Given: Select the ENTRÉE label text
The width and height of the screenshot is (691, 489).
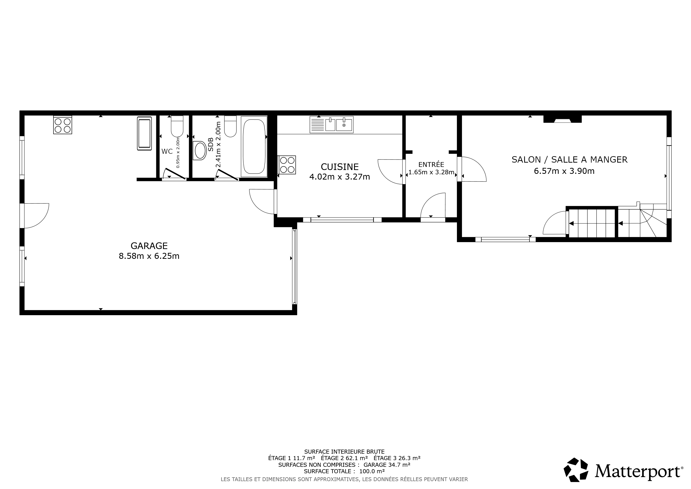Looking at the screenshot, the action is pyautogui.click(x=431, y=165).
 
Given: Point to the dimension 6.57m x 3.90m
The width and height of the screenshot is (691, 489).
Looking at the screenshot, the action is pyautogui.click(x=564, y=171).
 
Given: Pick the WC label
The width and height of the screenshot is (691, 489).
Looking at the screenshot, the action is pyautogui.click(x=167, y=151).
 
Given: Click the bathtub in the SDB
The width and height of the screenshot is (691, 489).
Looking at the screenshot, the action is pyautogui.click(x=254, y=147).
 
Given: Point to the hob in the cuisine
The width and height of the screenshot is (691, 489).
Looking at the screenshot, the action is pyautogui.click(x=287, y=165).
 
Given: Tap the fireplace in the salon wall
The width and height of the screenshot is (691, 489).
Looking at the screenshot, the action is pyautogui.click(x=562, y=119).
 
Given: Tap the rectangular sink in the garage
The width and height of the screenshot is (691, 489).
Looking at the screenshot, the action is pyautogui.click(x=144, y=133).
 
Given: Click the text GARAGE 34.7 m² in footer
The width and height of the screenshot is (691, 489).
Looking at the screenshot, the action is pyautogui.click(x=387, y=465).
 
